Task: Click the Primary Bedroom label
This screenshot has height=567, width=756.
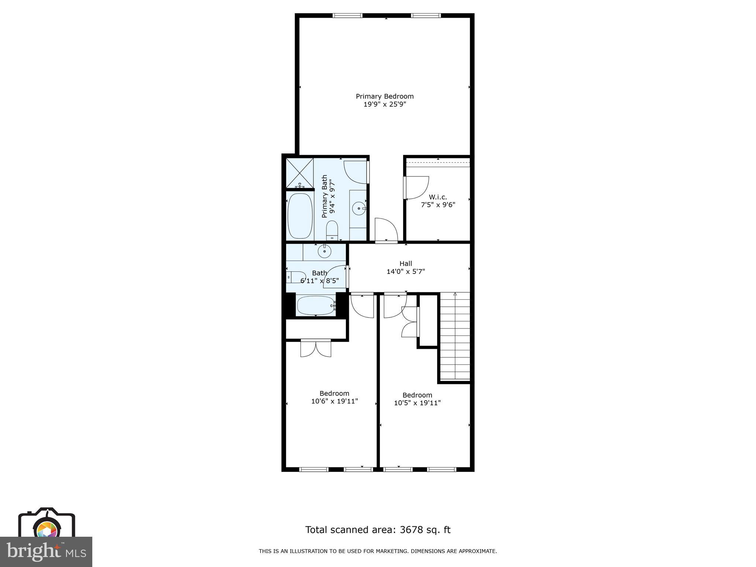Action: tap(385, 96)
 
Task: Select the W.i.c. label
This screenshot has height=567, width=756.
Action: tap(438, 197)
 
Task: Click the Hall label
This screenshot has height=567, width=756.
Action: tap(406, 264)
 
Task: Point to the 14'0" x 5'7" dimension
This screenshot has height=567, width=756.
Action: tap(406, 272)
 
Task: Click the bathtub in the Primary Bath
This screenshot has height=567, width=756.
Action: tap(300, 216)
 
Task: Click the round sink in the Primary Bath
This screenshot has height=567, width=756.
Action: tap(358, 209)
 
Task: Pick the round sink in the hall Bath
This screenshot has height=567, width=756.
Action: tap(324, 252)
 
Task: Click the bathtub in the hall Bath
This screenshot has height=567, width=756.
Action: tap(316, 306)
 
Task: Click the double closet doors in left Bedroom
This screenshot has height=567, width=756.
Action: tap(316, 348)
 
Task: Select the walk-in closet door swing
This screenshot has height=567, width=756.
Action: tap(416, 188)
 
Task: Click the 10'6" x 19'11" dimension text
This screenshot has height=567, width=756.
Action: tap(334, 401)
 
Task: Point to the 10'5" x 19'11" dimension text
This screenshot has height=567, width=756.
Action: tap(417, 403)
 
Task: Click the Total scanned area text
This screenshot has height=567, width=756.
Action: tap(378, 530)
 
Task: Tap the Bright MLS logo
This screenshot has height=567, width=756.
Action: tap(46, 551)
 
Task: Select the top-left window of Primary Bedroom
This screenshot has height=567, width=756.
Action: tap(347, 16)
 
